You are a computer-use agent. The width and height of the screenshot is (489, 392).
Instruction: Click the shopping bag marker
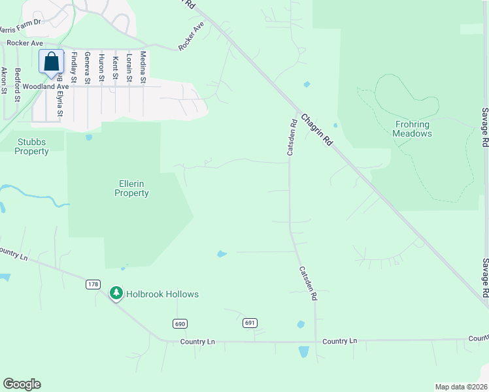[51, 63]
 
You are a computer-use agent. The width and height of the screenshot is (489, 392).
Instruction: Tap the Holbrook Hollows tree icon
[116, 294]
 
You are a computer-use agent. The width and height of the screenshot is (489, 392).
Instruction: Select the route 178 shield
[93, 284]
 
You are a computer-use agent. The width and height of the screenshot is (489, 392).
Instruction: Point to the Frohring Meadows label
[412, 128]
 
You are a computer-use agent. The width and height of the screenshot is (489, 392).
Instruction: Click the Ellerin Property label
[131, 188]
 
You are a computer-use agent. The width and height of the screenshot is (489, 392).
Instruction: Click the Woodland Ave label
[46, 86]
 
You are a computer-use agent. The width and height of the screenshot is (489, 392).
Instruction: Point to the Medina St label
[143, 67]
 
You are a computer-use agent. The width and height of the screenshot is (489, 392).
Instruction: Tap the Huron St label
[101, 68]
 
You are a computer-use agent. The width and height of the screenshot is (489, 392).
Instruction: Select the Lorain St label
[129, 67]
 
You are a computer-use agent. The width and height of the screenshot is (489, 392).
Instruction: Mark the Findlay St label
[74, 68]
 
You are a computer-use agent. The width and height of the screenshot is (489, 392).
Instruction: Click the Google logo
[22, 384]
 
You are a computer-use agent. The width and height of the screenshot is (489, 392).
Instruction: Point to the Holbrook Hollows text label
[163, 295]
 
